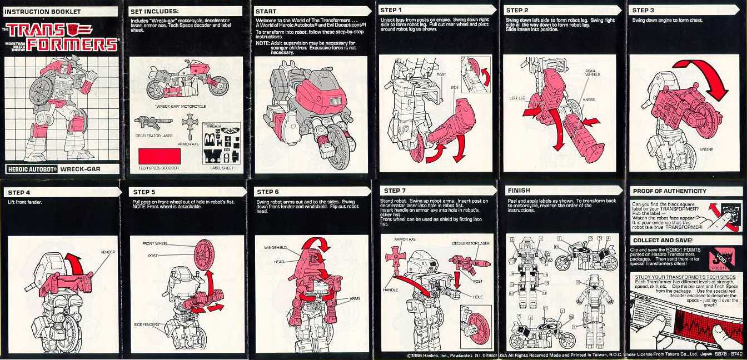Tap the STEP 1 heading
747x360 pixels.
click(x=392, y=10)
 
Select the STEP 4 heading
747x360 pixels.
click(x=19, y=192)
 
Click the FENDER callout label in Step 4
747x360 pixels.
click(x=108, y=252)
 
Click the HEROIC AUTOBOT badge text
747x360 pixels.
click(x=32, y=169)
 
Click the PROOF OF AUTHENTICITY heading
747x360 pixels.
click(x=669, y=191)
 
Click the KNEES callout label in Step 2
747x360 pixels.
click(x=589, y=100)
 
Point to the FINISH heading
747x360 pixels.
click(x=519, y=190)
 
